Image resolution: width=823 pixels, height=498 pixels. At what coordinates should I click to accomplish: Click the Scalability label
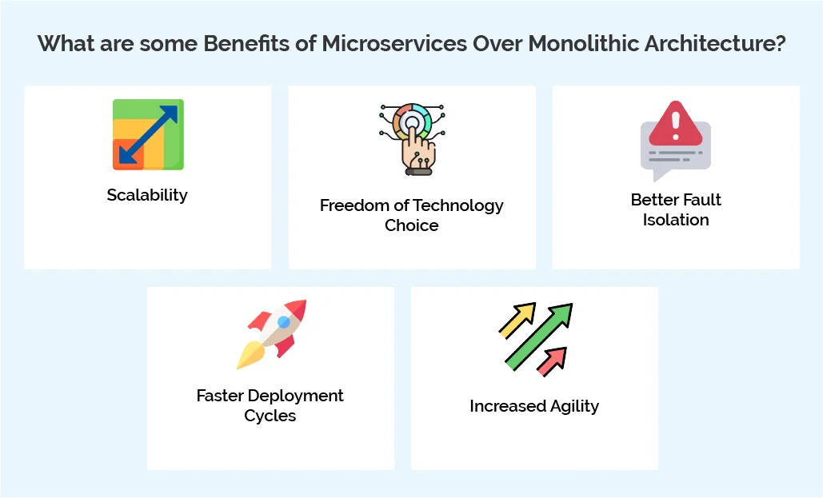click(147, 195)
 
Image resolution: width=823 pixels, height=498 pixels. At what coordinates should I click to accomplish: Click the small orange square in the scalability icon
click(127, 154)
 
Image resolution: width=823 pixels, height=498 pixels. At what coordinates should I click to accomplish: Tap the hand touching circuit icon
click(411, 138)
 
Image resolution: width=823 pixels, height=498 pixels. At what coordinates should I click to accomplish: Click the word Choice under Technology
click(411, 225)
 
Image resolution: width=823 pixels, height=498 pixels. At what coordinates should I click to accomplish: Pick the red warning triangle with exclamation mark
click(675, 124)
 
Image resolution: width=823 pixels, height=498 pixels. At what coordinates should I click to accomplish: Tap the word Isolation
click(676, 220)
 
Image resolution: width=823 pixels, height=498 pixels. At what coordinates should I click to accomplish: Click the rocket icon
click(272, 333)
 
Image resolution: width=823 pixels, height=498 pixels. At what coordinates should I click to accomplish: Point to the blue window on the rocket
click(283, 322)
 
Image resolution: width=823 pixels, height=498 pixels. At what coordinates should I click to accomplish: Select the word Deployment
click(296, 396)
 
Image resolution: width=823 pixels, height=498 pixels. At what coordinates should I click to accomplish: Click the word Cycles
click(270, 416)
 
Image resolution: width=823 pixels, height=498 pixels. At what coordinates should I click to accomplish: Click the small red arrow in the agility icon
click(552, 361)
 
